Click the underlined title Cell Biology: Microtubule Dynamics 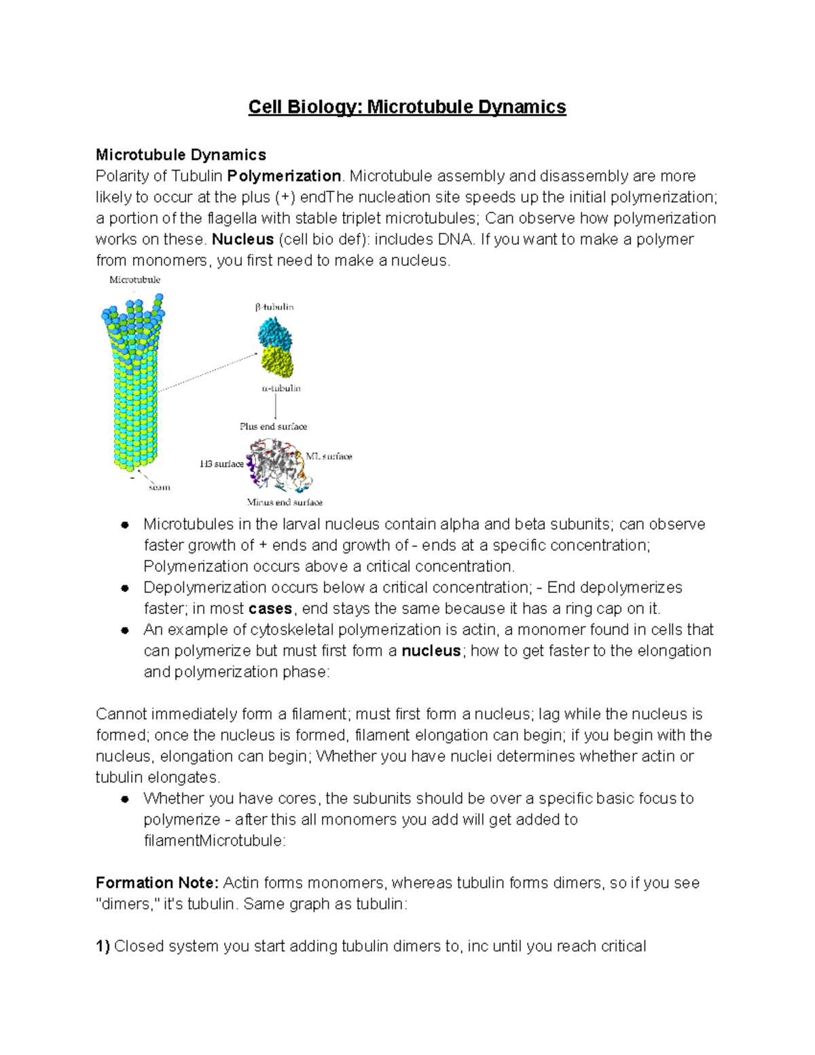point(407,107)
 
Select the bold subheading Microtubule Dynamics point(181,155)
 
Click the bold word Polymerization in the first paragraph point(284,176)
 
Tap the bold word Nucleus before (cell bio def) point(242,239)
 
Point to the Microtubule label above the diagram point(134,279)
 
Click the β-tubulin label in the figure point(274,307)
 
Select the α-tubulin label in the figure point(281,389)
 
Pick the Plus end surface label point(273,427)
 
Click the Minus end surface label point(285,503)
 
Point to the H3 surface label point(221,464)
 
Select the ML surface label point(329,457)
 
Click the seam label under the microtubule point(160,487)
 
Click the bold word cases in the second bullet point(270,609)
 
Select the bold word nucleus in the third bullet point(431,651)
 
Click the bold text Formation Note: point(157,883)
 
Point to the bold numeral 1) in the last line point(103,946)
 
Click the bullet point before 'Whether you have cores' point(125,799)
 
